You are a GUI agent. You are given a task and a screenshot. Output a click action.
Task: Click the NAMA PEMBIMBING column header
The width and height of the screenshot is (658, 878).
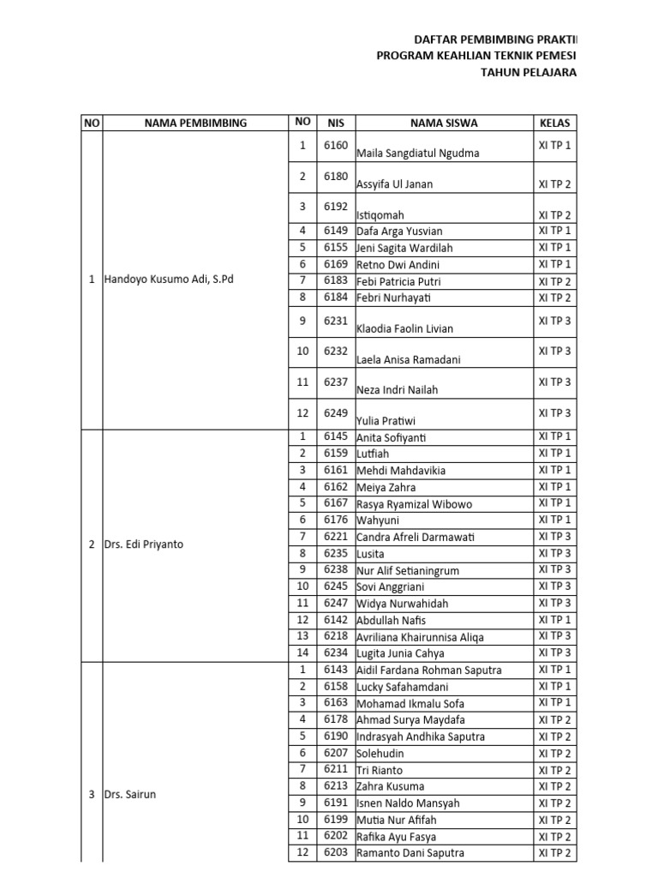click(x=195, y=123)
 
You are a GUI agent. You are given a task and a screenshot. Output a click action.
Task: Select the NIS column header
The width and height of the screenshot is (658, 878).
click(x=336, y=123)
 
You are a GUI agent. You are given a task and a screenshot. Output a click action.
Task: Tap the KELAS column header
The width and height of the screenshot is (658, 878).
click(x=554, y=123)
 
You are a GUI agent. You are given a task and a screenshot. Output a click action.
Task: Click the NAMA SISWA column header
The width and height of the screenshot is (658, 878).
click(x=444, y=123)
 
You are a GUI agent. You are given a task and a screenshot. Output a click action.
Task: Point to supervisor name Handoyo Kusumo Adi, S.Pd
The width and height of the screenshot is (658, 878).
click(x=168, y=280)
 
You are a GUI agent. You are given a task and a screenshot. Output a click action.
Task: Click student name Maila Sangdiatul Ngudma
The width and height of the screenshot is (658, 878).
click(x=417, y=153)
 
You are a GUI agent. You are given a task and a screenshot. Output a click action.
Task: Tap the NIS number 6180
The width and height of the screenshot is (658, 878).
click(x=336, y=177)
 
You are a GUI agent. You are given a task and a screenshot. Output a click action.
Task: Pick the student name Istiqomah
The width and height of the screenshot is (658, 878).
click(x=380, y=215)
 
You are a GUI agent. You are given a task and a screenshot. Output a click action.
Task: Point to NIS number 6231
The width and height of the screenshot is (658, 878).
click(x=336, y=321)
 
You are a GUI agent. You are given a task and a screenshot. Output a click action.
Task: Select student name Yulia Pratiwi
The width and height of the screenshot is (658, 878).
click(x=386, y=421)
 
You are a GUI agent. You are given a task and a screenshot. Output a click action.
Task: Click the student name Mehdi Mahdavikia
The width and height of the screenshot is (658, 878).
click(x=401, y=471)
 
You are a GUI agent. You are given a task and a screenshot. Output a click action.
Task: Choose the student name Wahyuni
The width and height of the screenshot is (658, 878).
click(x=378, y=520)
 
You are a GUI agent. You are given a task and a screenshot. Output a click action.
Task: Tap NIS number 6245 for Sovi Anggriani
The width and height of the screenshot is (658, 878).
click(x=336, y=586)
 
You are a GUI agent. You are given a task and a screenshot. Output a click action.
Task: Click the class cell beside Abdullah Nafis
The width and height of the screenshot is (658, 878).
click(x=554, y=619)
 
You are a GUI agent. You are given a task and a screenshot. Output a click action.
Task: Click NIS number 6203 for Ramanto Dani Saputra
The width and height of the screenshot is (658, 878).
click(x=336, y=853)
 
